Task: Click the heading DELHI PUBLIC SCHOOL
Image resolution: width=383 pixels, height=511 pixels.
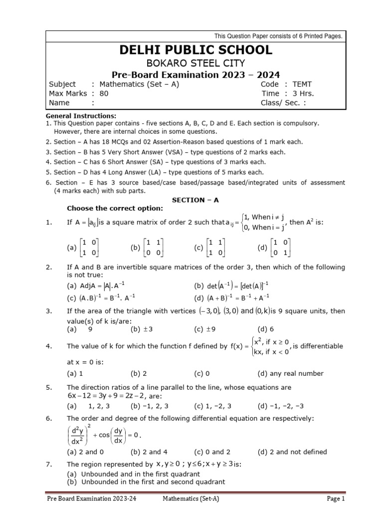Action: tap(195, 50)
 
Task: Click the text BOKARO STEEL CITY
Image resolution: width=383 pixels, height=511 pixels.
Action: tap(195, 63)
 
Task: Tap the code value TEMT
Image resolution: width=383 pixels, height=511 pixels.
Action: tap(302, 84)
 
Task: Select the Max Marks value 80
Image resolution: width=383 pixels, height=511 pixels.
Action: tap(104, 93)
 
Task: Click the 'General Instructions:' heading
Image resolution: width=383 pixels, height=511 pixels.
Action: tap(80, 116)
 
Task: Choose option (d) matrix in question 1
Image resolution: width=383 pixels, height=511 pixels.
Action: tap(274, 248)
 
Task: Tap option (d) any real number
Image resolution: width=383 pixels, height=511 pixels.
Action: tap(290, 373)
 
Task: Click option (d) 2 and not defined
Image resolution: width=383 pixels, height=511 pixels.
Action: tap(292, 452)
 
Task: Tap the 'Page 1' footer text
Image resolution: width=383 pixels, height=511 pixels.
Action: tap(333, 499)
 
